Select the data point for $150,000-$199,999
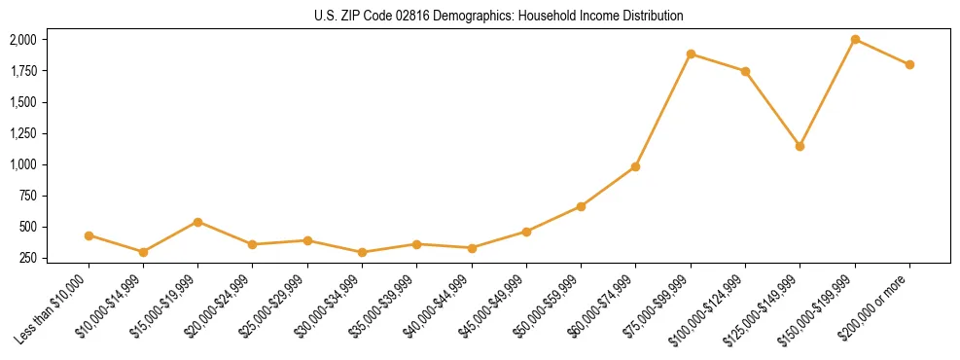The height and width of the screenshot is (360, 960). (x=855, y=39)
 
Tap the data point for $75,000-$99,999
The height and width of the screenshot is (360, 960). (x=691, y=54)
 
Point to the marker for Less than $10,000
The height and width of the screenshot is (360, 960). (x=89, y=235)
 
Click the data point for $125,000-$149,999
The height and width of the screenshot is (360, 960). (x=800, y=146)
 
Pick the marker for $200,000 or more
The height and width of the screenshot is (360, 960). (x=909, y=64)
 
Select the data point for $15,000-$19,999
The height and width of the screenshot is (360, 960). (x=198, y=222)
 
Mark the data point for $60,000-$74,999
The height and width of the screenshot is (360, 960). (x=635, y=166)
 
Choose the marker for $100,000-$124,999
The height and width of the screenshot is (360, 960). (x=745, y=71)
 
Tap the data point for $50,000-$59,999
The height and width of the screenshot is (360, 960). (x=581, y=206)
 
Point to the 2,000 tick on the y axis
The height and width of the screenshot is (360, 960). (x=22, y=40)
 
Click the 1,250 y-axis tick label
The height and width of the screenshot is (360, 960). (x=22, y=133)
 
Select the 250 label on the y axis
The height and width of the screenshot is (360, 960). (x=28, y=258)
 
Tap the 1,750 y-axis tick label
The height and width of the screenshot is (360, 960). (x=22, y=71)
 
